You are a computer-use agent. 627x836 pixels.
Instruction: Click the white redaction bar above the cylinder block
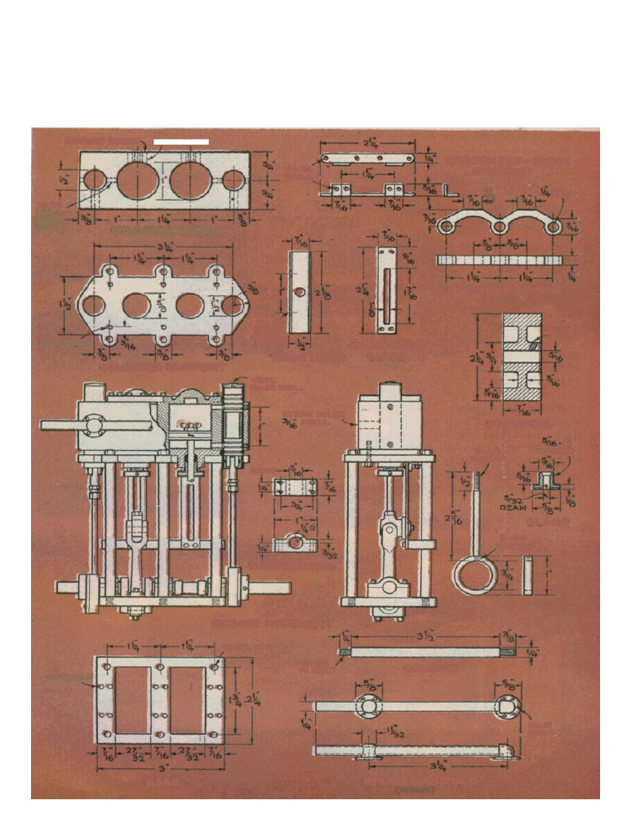coord(181,142)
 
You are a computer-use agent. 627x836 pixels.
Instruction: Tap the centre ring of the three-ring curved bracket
coord(496,225)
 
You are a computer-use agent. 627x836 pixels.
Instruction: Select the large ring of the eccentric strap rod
coord(475,573)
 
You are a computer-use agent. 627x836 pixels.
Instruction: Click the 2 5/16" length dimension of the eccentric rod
coord(461,518)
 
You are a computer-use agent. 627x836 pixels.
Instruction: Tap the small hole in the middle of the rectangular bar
coord(300,291)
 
